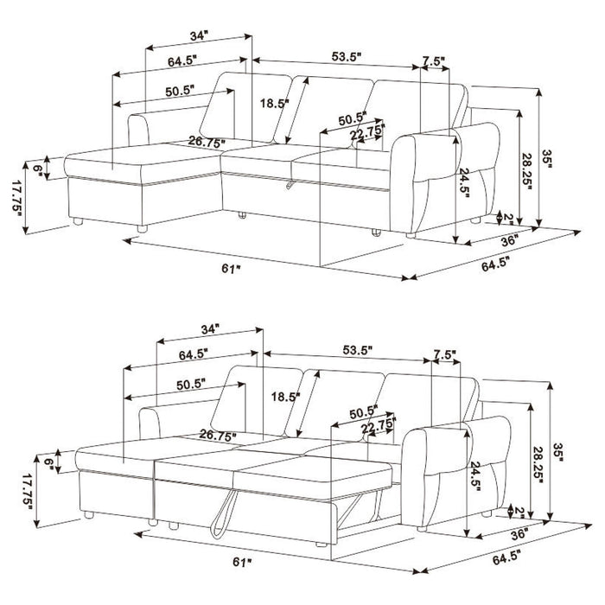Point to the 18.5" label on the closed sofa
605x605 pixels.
pyautogui.click(x=274, y=102)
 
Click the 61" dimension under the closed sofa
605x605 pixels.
pyautogui.click(x=230, y=269)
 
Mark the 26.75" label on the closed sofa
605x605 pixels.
pyautogui.click(x=207, y=143)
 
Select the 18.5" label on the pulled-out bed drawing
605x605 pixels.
pyautogui.click(x=285, y=397)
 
